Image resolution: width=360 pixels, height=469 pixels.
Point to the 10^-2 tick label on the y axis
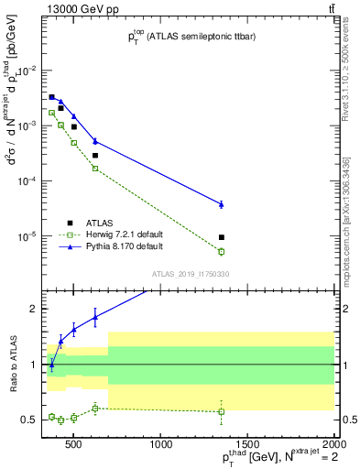pos(28,71)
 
